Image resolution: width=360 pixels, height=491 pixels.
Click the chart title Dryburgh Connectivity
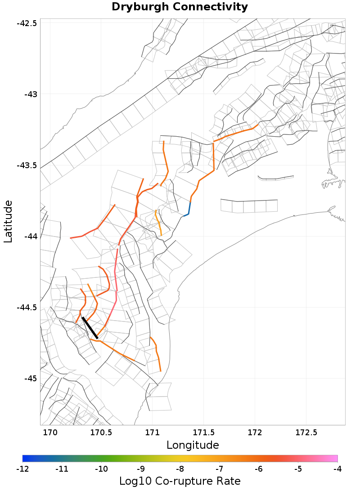[180, 7]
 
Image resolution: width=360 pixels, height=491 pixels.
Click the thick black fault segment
[90, 327]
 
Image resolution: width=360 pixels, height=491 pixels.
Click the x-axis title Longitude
[193, 445]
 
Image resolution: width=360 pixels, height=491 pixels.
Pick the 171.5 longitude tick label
[203, 433]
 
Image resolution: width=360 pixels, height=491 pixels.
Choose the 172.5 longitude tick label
[306, 433]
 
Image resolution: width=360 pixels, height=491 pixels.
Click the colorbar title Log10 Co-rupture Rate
[180, 481]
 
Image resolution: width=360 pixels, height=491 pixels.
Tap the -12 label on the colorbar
[22, 469]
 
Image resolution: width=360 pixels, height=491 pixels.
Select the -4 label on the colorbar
[337, 469]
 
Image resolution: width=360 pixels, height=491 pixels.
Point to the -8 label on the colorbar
[180, 469]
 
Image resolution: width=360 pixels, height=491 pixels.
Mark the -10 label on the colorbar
[101, 469]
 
